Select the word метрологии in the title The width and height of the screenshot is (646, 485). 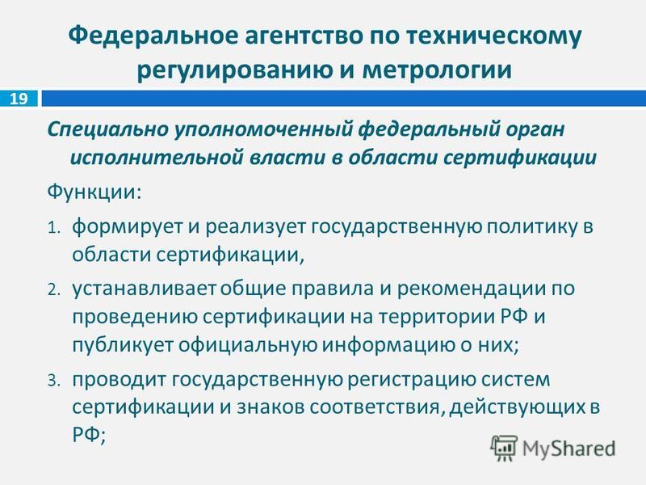click(437, 70)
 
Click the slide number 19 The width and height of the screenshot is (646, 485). click(19, 99)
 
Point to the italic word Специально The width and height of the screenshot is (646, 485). click(108, 130)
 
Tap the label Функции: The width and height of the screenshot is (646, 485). click(94, 192)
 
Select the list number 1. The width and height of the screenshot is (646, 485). click(54, 228)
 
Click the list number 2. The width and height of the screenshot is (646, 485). click(54, 290)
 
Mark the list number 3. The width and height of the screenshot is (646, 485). click(54, 381)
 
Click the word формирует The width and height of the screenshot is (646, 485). click(128, 228)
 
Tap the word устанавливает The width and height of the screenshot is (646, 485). click(144, 289)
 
